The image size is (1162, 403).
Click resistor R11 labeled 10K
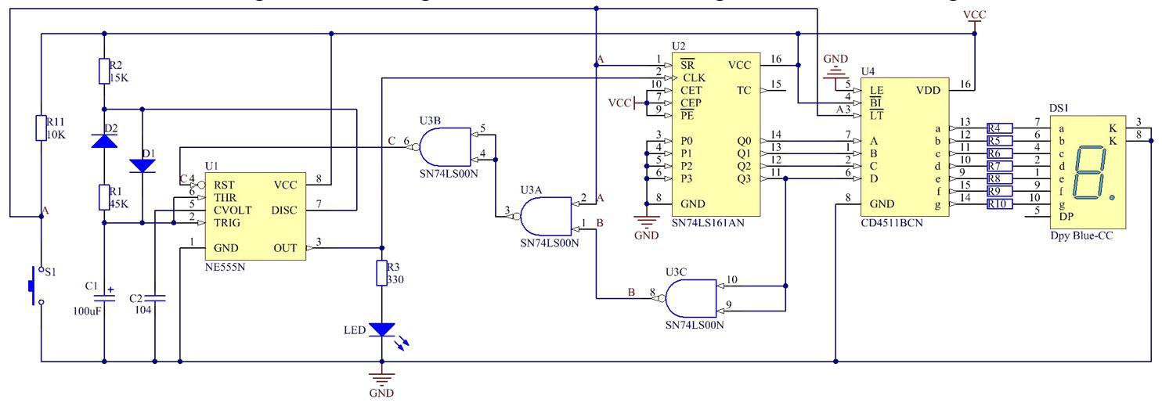[x=41, y=128]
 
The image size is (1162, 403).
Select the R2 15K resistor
[x=104, y=71]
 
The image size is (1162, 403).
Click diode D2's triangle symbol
[x=104, y=140]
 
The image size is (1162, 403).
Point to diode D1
[x=142, y=165]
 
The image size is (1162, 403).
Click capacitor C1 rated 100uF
[x=104, y=298]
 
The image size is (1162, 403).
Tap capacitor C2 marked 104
[x=155, y=298]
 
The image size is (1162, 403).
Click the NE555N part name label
[x=225, y=266]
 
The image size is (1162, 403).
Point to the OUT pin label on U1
[x=285, y=248]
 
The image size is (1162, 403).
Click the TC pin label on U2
[x=743, y=90]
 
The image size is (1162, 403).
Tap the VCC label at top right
[x=975, y=15]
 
